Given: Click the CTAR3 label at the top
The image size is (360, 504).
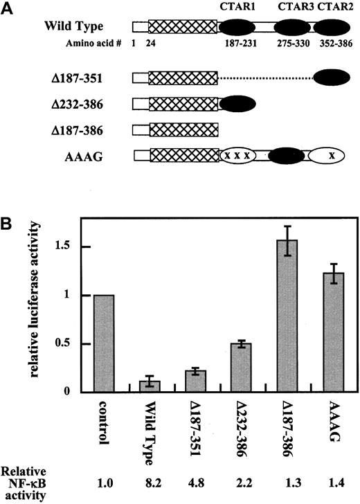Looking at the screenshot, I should pos(291,9).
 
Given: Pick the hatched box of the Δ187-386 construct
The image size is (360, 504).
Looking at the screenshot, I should pos(183,129).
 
